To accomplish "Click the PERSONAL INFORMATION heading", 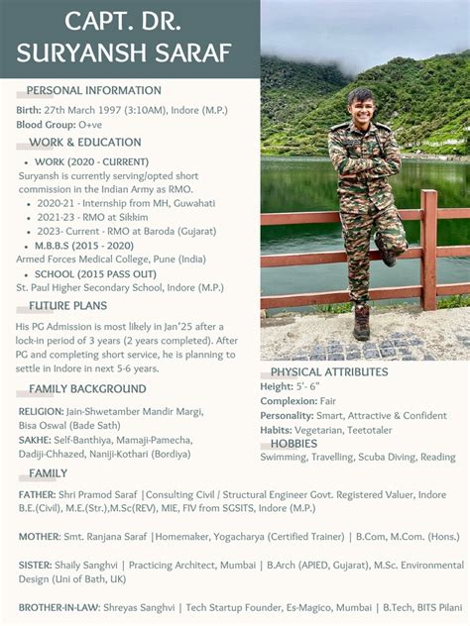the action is pos(93,91).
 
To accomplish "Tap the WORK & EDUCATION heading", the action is pos(85,143).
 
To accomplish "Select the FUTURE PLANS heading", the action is pos(67,306).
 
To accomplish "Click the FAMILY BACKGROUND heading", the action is pos(87,389).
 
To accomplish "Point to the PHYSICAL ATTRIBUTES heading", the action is pos(329,372).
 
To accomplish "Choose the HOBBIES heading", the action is pos(294,444).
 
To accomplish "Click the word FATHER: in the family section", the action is pos(37,493).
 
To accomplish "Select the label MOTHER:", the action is pos(39,537).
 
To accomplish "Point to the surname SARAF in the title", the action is pos(189,52).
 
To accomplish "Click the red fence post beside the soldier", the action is pos(428,248).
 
